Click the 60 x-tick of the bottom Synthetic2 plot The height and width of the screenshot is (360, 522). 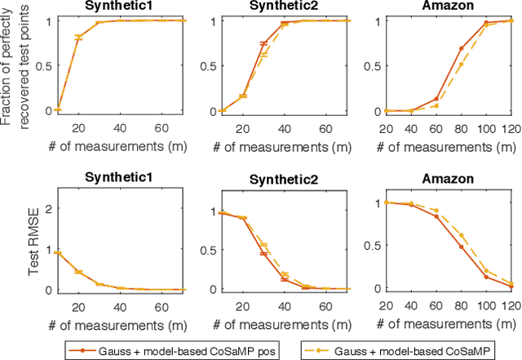303,300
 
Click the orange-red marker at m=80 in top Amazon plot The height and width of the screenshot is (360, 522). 461,48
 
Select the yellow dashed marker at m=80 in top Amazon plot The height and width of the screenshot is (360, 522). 461,64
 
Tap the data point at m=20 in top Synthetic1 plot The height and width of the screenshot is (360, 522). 78,38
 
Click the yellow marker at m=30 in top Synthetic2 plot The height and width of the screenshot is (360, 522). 263,55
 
